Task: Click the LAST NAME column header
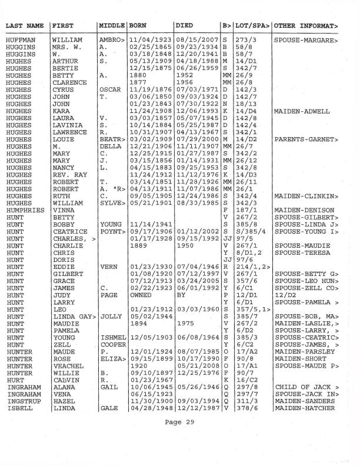pos(25,26)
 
